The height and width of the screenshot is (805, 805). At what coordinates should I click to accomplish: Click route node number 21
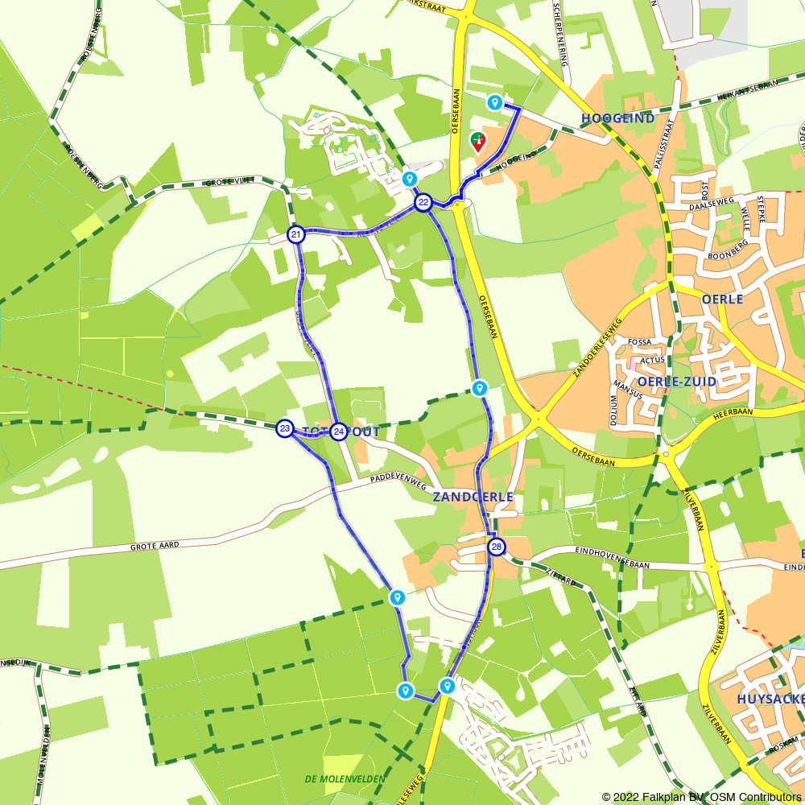(296, 235)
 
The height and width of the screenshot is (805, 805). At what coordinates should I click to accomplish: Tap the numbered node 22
(423, 203)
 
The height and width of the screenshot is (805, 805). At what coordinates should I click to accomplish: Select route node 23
(285, 428)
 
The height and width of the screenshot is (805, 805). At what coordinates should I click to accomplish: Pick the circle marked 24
(339, 431)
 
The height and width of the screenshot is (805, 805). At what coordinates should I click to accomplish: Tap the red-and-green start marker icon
(478, 142)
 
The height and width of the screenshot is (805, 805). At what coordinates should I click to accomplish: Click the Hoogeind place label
(617, 118)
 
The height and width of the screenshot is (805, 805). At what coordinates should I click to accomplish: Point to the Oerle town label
(722, 299)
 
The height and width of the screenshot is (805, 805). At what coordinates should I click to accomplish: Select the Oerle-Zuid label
(676, 381)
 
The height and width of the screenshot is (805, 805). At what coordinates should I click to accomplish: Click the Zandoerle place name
(473, 497)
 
